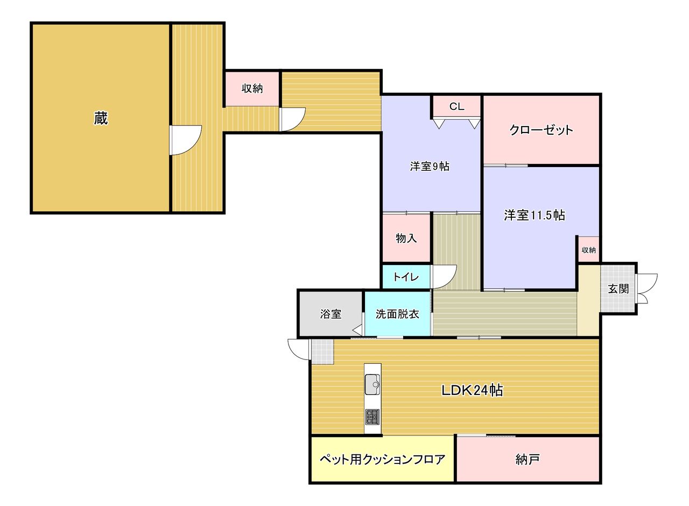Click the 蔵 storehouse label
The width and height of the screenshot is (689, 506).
click(x=101, y=118)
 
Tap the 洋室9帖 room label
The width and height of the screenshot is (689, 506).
click(x=430, y=167)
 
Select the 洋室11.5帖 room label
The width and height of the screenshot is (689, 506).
click(x=535, y=215)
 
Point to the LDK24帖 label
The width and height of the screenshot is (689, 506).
click(x=473, y=391)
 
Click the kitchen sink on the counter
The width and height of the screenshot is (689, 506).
click(x=372, y=384)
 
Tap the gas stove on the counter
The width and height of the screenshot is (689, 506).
click(x=372, y=417)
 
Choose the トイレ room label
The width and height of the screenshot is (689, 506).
click(x=406, y=277)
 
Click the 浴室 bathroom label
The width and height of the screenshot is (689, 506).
click(x=331, y=314)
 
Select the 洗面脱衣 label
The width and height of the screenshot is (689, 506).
click(x=397, y=314)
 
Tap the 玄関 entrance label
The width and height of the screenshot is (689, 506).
click(x=618, y=289)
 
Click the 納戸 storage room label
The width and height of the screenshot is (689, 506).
click(x=527, y=460)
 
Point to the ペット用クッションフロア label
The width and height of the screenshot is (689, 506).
click(x=382, y=460)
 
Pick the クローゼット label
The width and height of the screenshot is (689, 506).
click(x=542, y=130)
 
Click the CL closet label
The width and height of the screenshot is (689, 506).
click(x=457, y=107)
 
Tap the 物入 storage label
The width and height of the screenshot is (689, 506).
click(x=406, y=238)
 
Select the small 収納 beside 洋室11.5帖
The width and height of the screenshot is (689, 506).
click(x=589, y=250)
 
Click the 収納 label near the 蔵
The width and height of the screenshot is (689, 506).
click(x=252, y=88)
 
